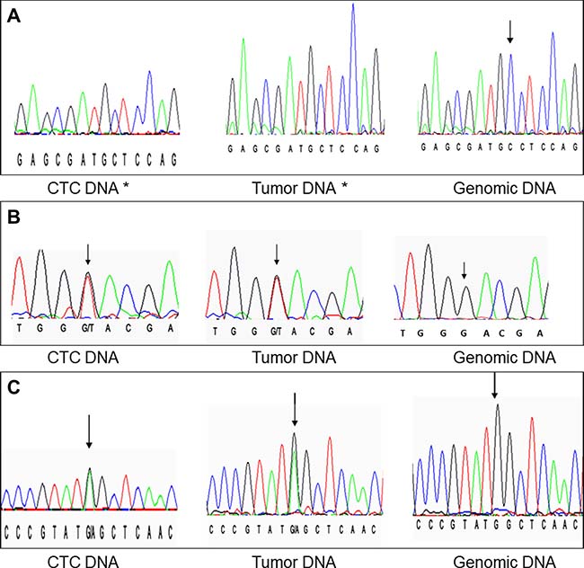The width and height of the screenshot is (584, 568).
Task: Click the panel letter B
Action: coord(13,217)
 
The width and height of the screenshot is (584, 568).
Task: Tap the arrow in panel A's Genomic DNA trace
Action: coord(510,32)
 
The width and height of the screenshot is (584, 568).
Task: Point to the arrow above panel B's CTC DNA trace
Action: coord(87,254)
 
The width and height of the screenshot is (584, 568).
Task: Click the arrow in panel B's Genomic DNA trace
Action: coord(464,269)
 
